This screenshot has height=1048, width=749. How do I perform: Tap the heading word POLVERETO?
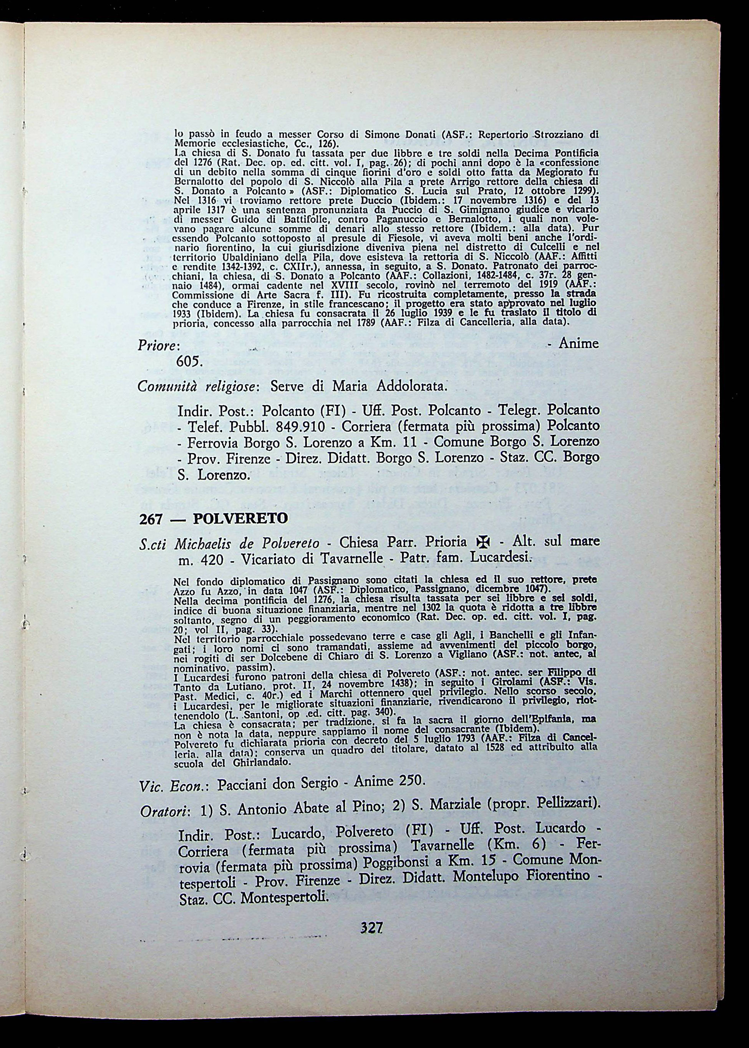(240, 519)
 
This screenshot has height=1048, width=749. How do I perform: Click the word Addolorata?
(412, 386)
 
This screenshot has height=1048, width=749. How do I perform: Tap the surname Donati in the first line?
(420, 135)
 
